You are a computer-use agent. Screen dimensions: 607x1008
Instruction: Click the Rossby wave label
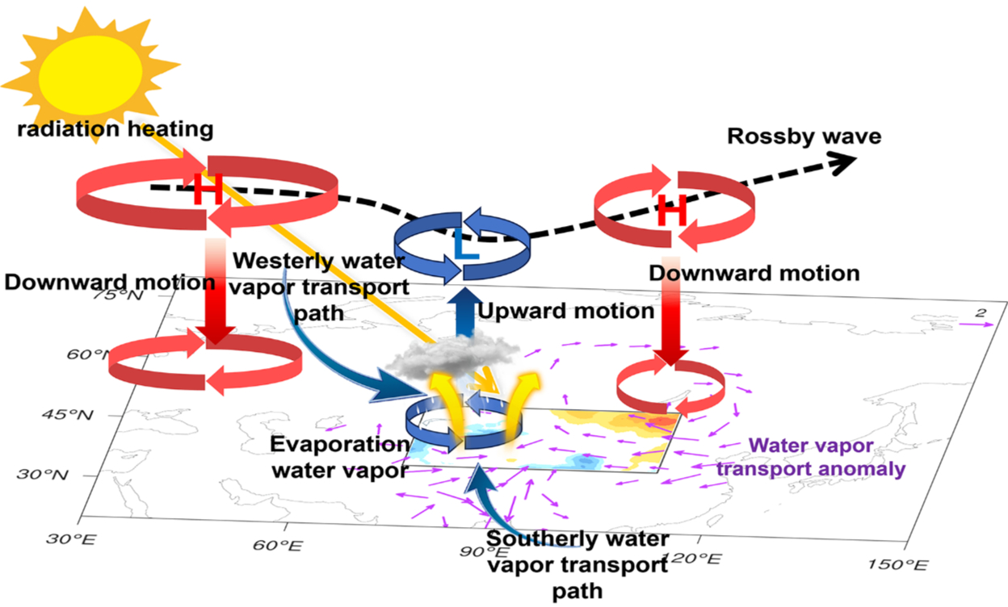[x=804, y=136]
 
